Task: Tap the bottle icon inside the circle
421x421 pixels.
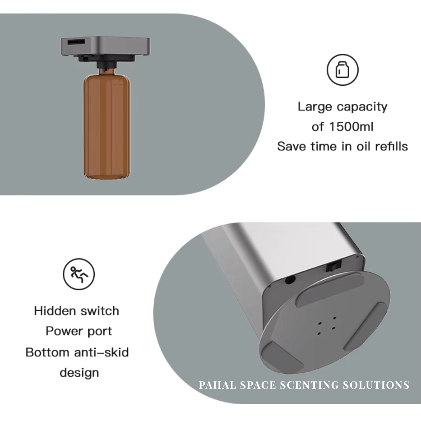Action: click(x=342, y=70)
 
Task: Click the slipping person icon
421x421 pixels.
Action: click(x=79, y=274)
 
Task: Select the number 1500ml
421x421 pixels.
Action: click(x=351, y=126)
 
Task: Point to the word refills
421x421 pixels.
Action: click(x=391, y=146)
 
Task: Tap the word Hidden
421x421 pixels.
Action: click(x=55, y=311)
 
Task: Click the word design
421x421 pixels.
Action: click(x=79, y=373)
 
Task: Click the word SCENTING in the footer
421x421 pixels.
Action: click(x=309, y=385)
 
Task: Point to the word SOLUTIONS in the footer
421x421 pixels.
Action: click(x=376, y=385)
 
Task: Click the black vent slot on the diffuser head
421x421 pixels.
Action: click(x=76, y=42)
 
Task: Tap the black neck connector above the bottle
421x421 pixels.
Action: click(x=107, y=65)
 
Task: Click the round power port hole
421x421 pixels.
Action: click(x=290, y=280)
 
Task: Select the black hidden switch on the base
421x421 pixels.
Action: click(x=333, y=266)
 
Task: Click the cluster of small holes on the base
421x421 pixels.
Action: click(x=327, y=325)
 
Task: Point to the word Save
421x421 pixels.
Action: click(x=291, y=146)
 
